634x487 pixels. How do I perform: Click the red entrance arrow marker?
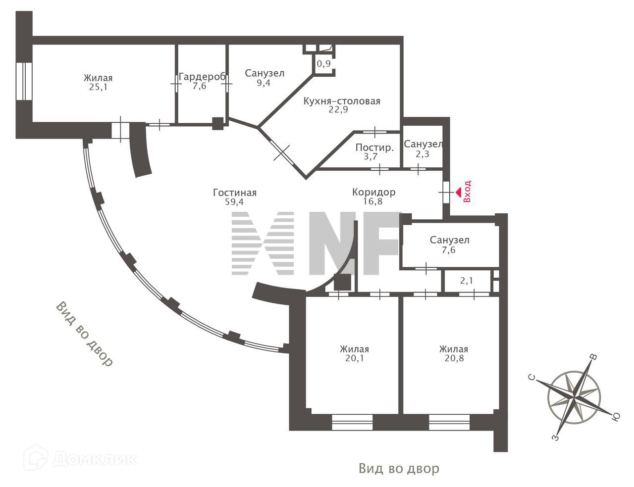pos(458,191)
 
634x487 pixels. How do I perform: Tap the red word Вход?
pos(467,192)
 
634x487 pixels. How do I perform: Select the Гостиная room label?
pos(235,193)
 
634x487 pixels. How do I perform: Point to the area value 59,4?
pos(235,201)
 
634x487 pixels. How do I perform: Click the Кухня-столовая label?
pos(342,101)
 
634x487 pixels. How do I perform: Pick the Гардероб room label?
pos(202,77)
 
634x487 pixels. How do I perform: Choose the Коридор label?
pos(373,192)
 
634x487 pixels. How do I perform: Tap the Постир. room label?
pos(375,147)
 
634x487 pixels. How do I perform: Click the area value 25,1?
pos(98,87)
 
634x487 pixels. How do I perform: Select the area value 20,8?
pos(454,358)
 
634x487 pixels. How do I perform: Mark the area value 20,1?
pos(355,358)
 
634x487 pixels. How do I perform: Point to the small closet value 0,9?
pos(323,63)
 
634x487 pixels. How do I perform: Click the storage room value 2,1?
pos(467,281)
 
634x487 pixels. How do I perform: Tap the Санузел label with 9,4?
pos(264,73)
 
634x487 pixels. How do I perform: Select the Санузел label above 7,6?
pos(449,240)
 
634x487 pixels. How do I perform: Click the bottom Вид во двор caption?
pos(399,468)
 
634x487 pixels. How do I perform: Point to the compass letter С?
pos(531,378)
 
